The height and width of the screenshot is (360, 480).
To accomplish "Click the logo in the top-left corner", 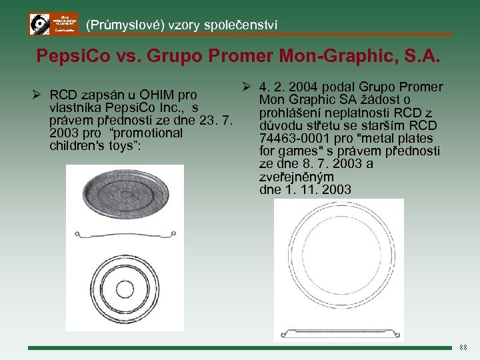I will (53, 24).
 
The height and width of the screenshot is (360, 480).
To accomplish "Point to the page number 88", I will (464, 347).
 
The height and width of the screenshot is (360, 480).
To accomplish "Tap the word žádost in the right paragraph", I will (380, 100).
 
